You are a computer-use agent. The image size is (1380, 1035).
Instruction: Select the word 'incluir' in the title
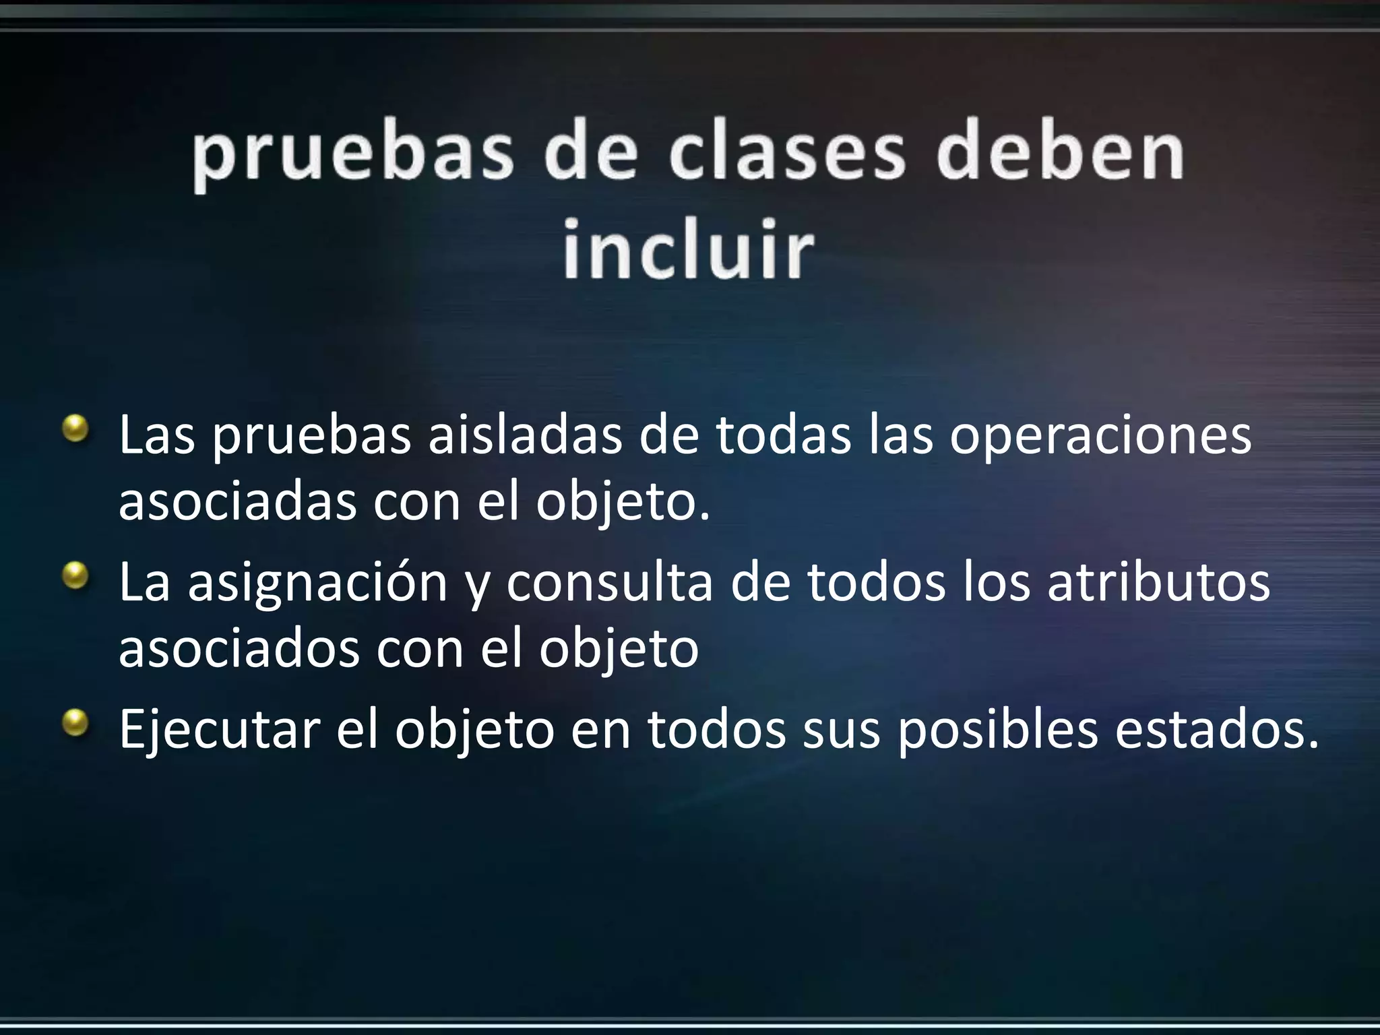688,248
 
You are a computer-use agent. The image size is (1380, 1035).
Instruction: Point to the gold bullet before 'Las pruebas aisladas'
75,429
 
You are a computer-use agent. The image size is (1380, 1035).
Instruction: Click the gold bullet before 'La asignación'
75,577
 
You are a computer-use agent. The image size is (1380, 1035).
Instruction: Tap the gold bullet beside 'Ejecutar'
75,724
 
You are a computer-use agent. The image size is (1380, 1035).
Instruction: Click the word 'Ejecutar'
219,730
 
